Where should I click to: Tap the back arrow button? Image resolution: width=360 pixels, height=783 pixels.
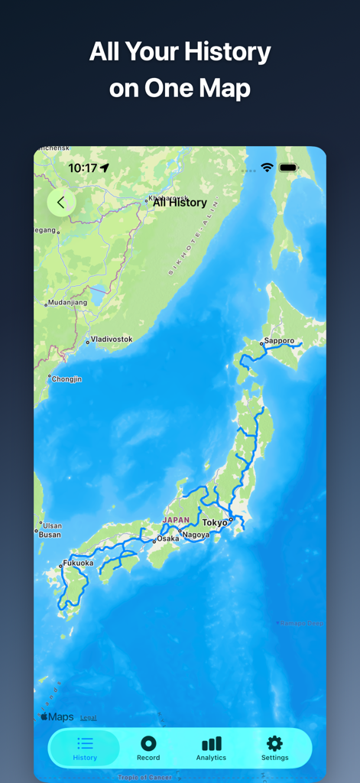pyautogui.click(x=61, y=203)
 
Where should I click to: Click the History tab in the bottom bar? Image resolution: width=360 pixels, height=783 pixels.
pyautogui.click(x=85, y=748)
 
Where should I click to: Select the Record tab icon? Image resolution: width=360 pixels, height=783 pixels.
pyautogui.click(x=148, y=744)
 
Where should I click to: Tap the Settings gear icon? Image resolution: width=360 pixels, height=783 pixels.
pyautogui.click(x=274, y=744)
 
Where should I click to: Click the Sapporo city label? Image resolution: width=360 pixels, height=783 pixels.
pyautogui.click(x=279, y=341)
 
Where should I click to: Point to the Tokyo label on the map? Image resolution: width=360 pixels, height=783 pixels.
pyautogui.click(x=214, y=523)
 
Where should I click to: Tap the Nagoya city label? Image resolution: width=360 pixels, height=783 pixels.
pyautogui.click(x=196, y=534)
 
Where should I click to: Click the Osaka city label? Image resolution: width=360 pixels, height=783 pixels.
pyautogui.click(x=167, y=538)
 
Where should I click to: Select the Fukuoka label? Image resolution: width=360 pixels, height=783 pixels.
pyautogui.click(x=79, y=563)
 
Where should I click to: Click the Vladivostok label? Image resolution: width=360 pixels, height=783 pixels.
pyautogui.click(x=112, y=339)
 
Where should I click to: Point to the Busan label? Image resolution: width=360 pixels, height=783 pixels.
pyautogui.click(x=50, y=534)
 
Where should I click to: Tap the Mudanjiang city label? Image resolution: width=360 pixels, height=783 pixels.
pyautogui.click(x=68, y=302)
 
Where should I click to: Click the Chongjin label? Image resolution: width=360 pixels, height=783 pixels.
pyautogui.click(x=67, y=379)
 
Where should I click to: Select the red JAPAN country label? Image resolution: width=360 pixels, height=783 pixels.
pyautogui.click(x=176, y=520)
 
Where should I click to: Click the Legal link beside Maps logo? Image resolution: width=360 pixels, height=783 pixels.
pyautogui.click(x=89, y=718)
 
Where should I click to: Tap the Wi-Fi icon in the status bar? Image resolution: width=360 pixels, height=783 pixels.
pyautogui.click(x=267, y=167)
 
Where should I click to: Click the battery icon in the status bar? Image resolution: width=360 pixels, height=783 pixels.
pyautogui.click(x=288, y=167)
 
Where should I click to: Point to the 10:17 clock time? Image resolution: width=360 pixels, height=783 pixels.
pyautogui.click(x=83, y=167)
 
